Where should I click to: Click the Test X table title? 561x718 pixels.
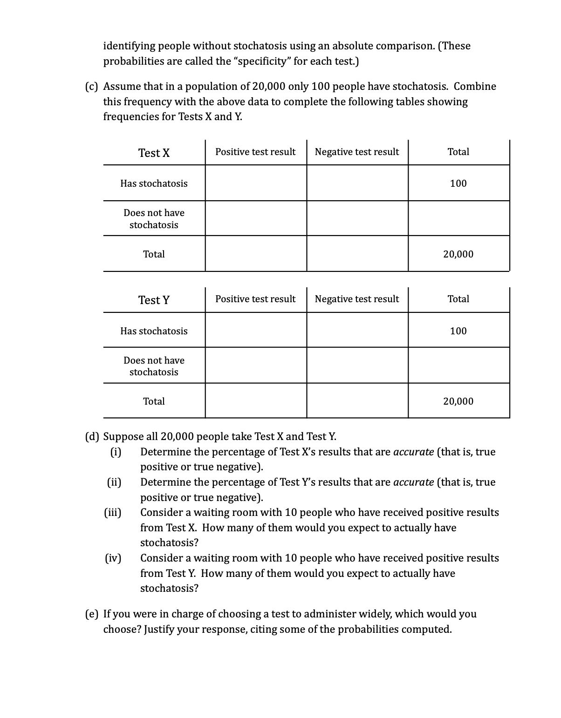click(154, 153)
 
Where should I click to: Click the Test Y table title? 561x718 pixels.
click(154, 300)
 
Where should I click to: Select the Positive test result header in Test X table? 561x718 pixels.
click(255, 152)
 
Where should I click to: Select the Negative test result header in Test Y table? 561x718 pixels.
click(357, 299)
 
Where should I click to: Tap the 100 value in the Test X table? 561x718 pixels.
click(458, 183)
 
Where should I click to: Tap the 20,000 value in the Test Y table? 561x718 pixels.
click(458, 401)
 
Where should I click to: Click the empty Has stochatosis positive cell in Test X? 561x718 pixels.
click(256, 183)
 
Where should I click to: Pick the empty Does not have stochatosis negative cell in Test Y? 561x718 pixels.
click(357, 366)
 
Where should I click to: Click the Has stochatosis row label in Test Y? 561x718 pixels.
click(154, 331)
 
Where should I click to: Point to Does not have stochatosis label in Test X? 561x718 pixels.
click(154, 219)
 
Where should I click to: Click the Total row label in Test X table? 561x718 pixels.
click(154, 254)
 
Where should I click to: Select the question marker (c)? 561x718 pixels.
click(92, 87)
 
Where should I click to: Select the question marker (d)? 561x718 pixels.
click(92, 437)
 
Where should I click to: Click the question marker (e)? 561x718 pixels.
click(92, 614)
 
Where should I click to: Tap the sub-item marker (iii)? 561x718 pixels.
click(112, 513)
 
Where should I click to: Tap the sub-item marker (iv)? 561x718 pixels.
click(112, 558)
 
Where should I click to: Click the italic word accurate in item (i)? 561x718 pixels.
click(414, 452)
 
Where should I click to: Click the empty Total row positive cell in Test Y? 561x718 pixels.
click(256, 401)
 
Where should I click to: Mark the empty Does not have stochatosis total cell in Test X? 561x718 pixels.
click(458, 219)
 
